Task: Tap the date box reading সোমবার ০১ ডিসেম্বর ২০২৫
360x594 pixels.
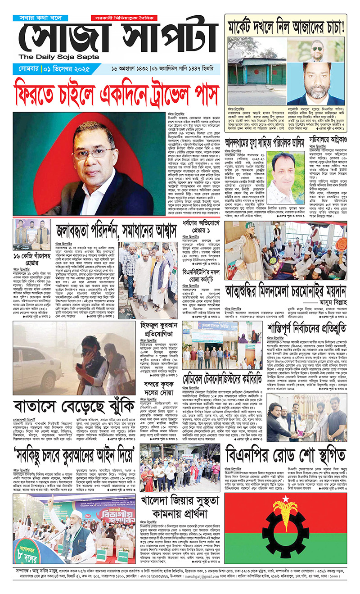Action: click(x=51, y=69)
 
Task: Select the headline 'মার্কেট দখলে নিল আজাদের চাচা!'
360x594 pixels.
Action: click(x=285, y=26)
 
